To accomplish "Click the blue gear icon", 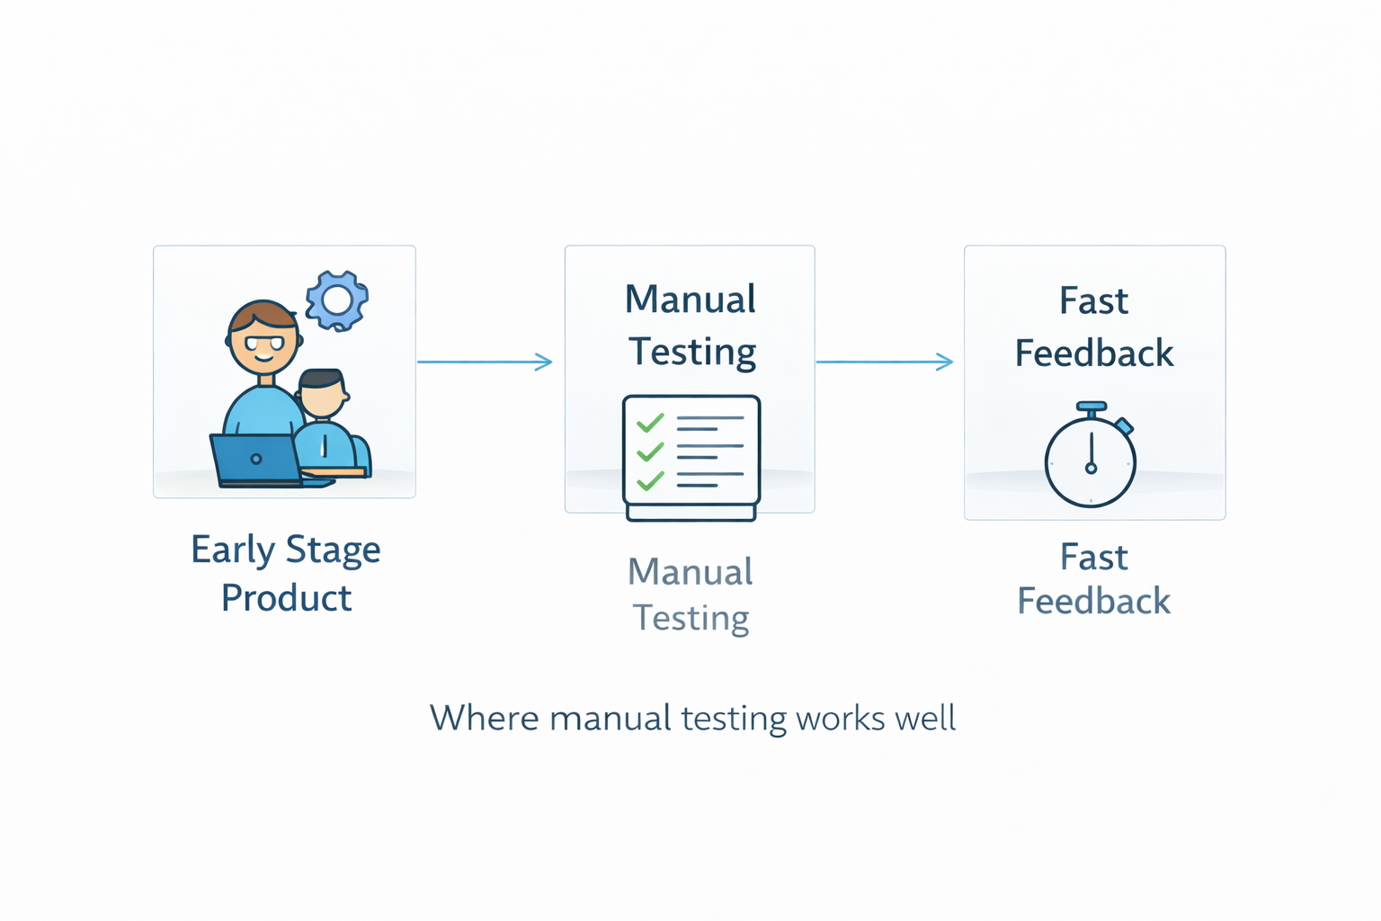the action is pos(337,300).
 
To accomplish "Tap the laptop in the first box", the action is pos(256,460).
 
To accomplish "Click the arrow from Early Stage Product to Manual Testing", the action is pos(485,362).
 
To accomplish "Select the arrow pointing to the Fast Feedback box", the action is pos(885,362).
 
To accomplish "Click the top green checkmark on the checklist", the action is pos(650,423).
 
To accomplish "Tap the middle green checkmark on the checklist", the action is pos(650,452).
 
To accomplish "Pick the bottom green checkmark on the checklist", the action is pos(650,480).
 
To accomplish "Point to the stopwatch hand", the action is pos(1091,452).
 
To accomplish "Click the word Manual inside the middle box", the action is pos(690,300).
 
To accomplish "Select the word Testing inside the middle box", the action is pos(692,353).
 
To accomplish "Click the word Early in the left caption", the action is pos(233,550).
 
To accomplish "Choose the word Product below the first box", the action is pos(287,598).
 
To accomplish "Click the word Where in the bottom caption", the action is pos(484,718).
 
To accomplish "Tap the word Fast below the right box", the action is pos(1093,557).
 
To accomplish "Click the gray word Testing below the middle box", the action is pos(691,618).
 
